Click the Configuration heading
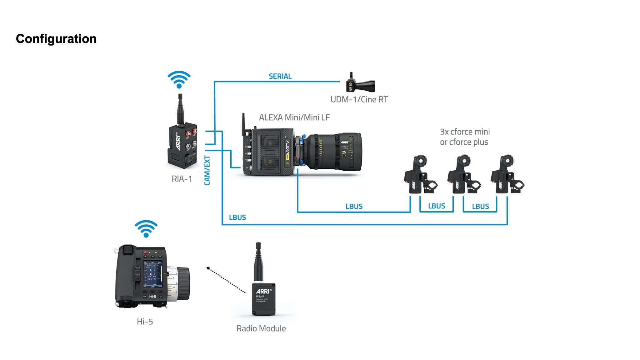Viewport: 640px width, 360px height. [x=56, y=39]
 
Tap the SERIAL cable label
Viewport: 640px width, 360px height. [x=280, y=76]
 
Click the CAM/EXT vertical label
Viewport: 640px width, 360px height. [x=207, y=170]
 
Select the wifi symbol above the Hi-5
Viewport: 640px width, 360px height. [x=146, y=228]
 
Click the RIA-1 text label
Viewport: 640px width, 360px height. [x=182, y=179]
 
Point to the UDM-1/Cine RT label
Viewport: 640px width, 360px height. [x=359, y=99]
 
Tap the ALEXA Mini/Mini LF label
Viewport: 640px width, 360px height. [x=294, y=117]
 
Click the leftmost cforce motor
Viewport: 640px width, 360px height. [x=420, y=175]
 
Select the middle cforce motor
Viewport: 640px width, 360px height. [x=463, y=175]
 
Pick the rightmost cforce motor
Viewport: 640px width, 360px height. [x=507, y=175]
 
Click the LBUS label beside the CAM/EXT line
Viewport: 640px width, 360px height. [x=237, y=217]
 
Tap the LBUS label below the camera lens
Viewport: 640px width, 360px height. [x=354, y=207]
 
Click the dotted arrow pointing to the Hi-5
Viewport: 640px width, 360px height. [x=226, y=280]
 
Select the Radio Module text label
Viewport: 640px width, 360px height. [x=261, y=328]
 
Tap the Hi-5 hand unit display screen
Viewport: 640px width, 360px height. [x=153, y=274]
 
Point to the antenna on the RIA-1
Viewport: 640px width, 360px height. [x=180, y=109]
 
